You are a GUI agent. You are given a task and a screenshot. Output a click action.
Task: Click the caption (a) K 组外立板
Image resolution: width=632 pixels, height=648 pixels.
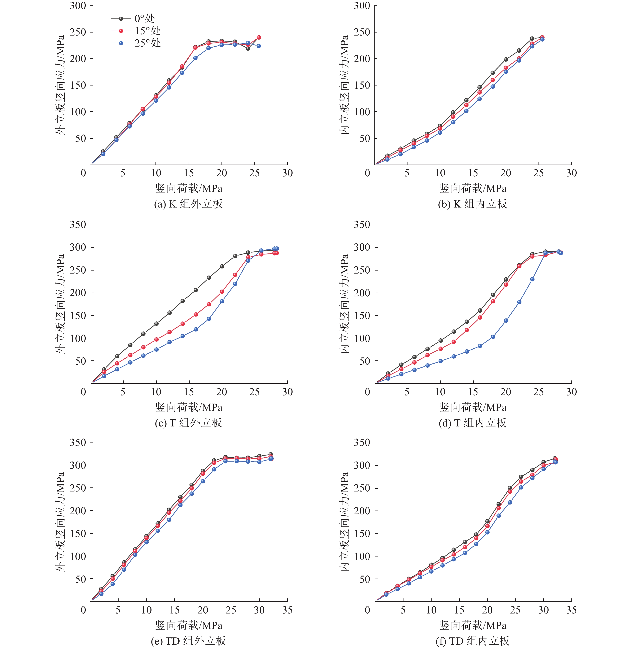pyautogui.click(x=188, y=204)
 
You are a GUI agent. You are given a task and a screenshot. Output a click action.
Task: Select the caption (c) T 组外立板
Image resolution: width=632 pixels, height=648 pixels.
pyautogui.click(x=188, y=423)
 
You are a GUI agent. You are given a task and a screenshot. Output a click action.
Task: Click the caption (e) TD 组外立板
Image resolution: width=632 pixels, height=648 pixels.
pyautogui.click(x=188, y=641)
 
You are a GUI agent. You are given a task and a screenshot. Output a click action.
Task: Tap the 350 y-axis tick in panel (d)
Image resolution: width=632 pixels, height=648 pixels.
pyautogui.click(x=362, y=225)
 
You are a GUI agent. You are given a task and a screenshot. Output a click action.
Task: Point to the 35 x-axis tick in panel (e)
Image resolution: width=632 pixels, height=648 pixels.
pyautogui.click(x=287, y=610)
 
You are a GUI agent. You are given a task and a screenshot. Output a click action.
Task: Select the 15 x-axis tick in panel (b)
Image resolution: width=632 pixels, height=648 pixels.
pyautogui.click(x=473, y=173)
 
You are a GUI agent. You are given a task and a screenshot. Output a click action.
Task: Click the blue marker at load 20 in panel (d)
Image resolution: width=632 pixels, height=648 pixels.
pyautogui.click(x=506, y=321)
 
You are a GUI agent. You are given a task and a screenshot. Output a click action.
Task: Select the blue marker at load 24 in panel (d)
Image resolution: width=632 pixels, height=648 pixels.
pyautogui.click(x=532, y=279)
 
